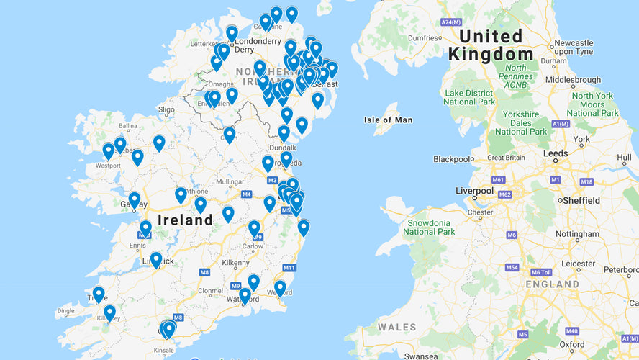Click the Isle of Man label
click(389, 120)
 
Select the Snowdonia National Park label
click(429, 227)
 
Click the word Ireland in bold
click(185, 220)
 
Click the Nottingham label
click(577, 234)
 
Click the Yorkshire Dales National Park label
click(520, 123)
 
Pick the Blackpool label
click(453, 158)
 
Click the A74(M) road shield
click(450, 22)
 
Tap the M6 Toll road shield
click(541, 271)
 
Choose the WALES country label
click(396, 327)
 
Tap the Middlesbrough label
click(573, 80)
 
